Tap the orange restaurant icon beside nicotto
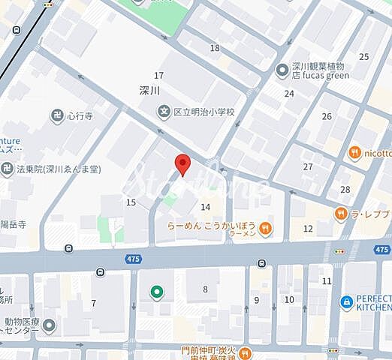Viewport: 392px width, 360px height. pos(354,153)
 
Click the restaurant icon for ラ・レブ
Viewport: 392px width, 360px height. pos(342,214)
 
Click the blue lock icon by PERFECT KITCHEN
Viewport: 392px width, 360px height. pos(346,301)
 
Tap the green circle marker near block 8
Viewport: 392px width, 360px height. pos(157,291)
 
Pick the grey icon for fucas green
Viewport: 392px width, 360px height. pos(282,70)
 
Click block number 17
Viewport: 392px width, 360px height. pos(158,75)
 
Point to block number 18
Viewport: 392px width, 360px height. pos(216,48)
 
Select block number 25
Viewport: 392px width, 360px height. pos(364,56)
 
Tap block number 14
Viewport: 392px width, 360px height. pos(205,206)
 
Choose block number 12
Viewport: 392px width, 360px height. pos(308,228)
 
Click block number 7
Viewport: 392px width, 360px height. pos(94,303)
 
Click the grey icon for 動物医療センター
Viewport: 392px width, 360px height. pos(50,325)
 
